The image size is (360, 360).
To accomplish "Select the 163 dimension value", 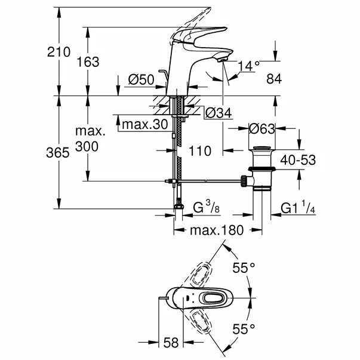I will coord(88,61).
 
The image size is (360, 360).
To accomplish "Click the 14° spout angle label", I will coord(249,65).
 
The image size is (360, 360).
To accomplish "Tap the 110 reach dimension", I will coord(199,151).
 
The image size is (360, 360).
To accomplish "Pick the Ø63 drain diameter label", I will coord(263,128).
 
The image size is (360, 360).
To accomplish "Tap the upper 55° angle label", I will coord(243,268).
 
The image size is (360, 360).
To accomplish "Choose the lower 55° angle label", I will coord(243,328).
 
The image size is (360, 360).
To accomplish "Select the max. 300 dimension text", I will coord(88,139).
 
